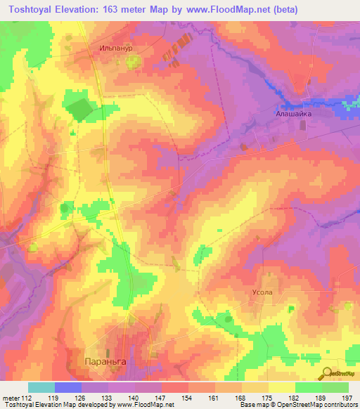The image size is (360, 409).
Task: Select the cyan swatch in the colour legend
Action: pyautogui.click(x=41, y=387)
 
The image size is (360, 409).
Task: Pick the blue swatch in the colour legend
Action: pyautogui.click(x=68, y=387)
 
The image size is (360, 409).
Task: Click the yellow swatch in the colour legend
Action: pyautogui.click(x=281, y=387)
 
